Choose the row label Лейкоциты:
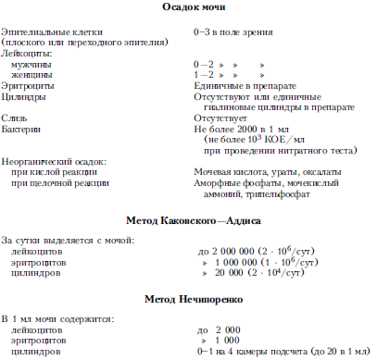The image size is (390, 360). [x=28, y=54]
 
